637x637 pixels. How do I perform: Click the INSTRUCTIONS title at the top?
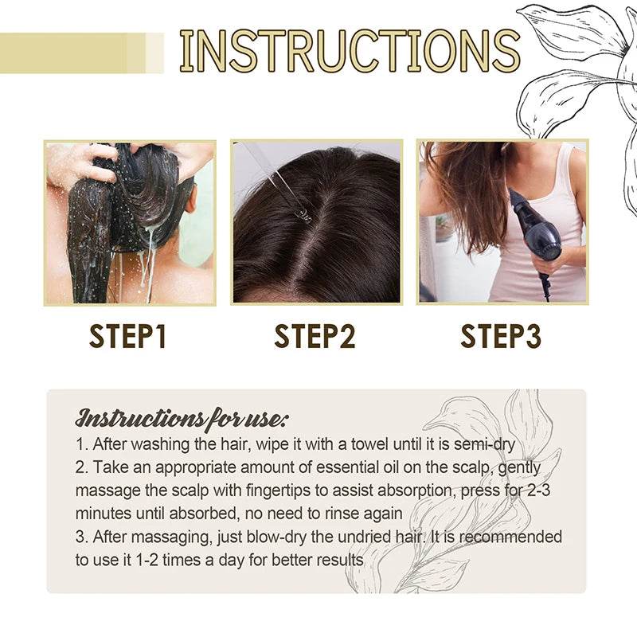coord(349,52)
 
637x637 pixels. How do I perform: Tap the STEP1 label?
coord(130,336)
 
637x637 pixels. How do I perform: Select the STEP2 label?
coord(315,336)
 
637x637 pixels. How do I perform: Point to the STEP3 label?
coord(501,336)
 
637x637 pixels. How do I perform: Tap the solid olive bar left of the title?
coord(64,53)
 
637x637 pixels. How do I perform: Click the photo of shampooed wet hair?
coord(130,223)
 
